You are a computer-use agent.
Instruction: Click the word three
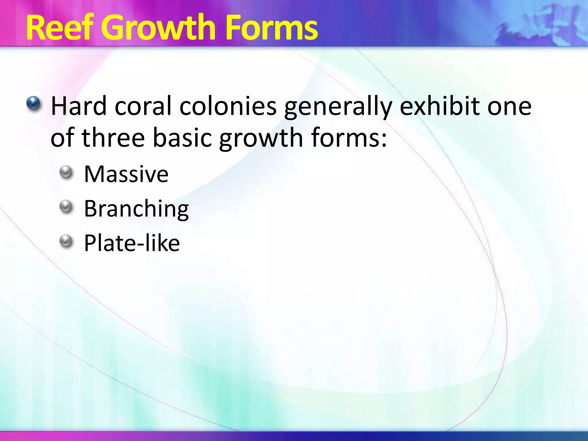click(113, 138)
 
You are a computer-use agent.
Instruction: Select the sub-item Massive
click(126, 174)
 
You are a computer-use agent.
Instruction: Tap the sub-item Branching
click(136, 209)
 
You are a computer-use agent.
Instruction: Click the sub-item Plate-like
click(132, 243)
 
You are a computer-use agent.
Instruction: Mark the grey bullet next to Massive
click(67, 172)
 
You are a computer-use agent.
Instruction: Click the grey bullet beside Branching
click(67, 206)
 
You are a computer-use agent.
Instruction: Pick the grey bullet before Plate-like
click(67, 241)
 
